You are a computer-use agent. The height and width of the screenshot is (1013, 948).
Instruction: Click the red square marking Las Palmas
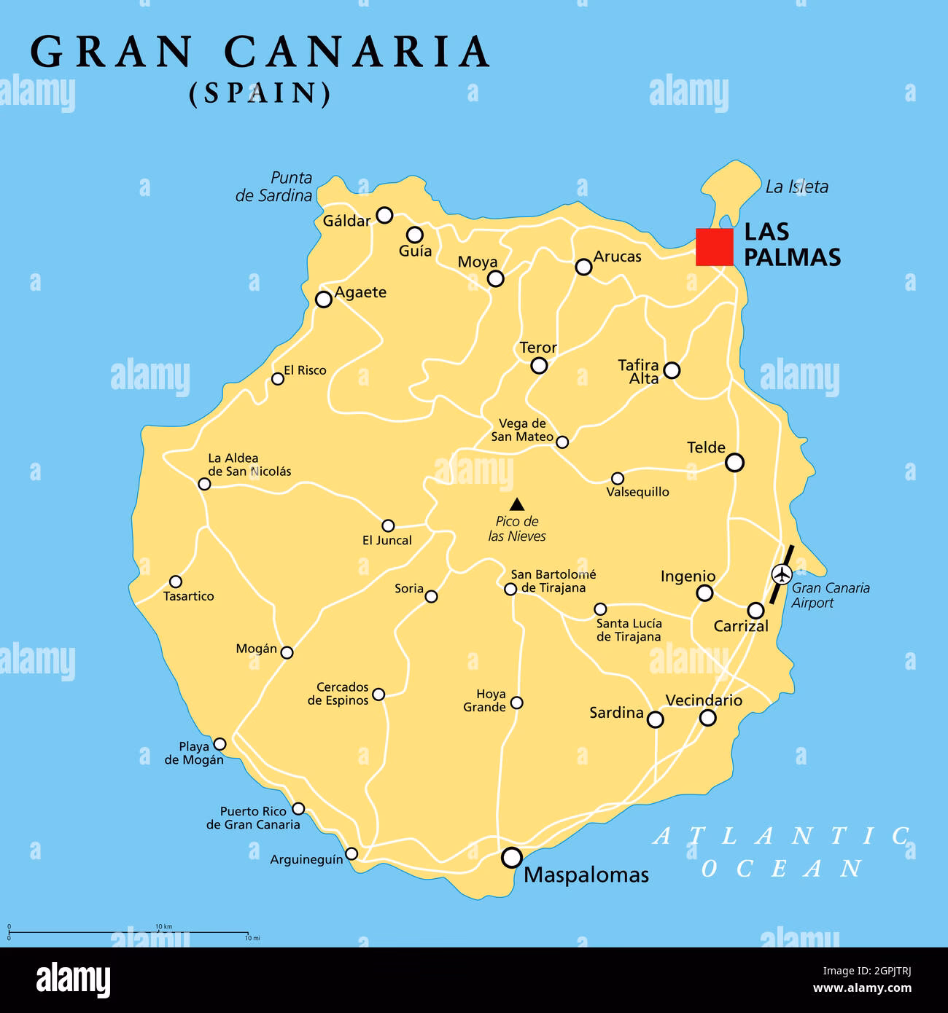tap(714, 246)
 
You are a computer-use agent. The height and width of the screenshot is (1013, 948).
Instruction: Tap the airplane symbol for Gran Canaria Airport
tap(781, 574)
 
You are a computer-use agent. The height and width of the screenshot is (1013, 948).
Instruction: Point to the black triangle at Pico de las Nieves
tap(517, 504)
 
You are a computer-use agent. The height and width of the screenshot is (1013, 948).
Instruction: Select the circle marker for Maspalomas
tap(513, 857)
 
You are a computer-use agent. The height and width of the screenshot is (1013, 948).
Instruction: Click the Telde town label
tap(706, 447)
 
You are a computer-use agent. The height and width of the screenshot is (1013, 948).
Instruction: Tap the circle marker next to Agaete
tap(323, 299)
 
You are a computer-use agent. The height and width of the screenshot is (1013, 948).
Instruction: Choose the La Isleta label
tap(796, 187)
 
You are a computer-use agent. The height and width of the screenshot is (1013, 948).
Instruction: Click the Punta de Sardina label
tap(273, 187)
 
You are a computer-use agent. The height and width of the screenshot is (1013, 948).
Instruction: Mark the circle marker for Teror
tap(539, 365)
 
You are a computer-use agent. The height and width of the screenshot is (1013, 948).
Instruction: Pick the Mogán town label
tap(257, 649)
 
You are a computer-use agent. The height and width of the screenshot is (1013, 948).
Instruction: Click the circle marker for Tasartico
tap(176, 582)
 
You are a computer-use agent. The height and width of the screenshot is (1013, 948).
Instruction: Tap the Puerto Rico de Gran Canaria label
tap(253, 818)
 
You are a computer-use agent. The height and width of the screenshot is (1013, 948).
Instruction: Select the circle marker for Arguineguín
tap(351, 853)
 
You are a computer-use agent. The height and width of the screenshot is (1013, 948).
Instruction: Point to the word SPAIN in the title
tap(260, 93)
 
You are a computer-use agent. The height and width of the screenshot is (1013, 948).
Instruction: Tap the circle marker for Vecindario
tap(707, 718)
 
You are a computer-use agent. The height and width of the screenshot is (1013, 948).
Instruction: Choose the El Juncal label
tap(386, 540)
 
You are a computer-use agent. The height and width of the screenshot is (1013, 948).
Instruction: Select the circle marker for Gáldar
tap(384, 215)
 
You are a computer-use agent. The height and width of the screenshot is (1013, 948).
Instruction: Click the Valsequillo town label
tap(637, 492)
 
